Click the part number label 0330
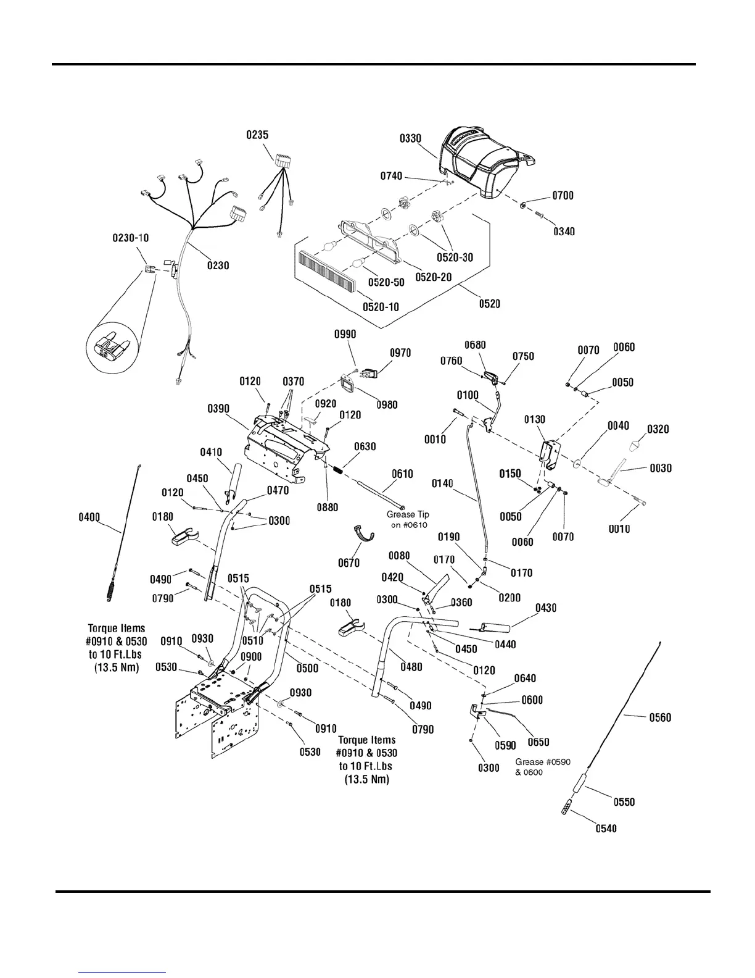tap(410, 138)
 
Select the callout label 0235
tap(257, 135)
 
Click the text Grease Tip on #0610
tap(408, 519)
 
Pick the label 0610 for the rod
tap(402, 474)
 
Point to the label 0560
tap(660, 717)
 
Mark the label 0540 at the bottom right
tap(606, 829)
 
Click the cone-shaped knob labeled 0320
tap(636, 446)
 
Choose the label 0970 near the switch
tap(400, 353)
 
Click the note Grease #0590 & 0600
tap(542, 767)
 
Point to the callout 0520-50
tap(386, 282)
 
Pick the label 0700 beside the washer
tap(563, 196)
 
